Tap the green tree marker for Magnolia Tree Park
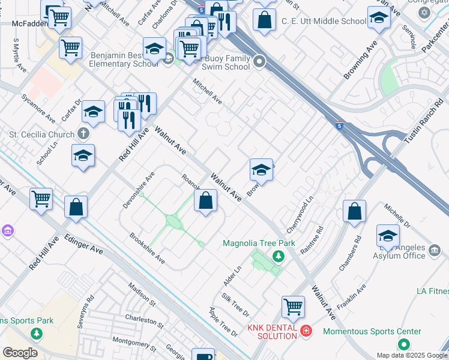click(278, 257)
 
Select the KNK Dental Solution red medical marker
click(306, 330)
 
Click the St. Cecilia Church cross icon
click(83, 134)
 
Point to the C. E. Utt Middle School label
click(324, 21)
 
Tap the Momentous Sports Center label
click(372, 331)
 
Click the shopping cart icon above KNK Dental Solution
click(294, 306)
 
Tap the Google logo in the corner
click(20, 353)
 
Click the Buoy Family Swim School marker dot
click(259, 61)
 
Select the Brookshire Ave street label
click(148, 248)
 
